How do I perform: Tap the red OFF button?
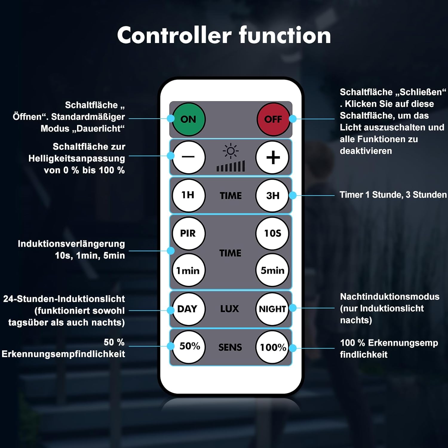tap(273, 119)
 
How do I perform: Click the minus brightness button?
tap(188, 157)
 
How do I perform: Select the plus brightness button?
tap(272, 157)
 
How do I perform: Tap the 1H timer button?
tap(188, 195)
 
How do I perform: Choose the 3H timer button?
tap(272, 195)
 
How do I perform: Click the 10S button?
tap(272, 233)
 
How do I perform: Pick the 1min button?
tap(188, 270)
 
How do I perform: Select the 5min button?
tap(272, 270)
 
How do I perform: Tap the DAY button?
tap(188, 309)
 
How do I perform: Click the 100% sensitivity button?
tap(272, 347)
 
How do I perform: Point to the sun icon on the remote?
tap(231, 151)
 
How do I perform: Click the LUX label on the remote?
tap(230, 309)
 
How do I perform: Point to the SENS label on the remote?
tap(230, 347)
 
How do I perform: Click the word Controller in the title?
tap(174, 35)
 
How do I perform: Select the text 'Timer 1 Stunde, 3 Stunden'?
tap(393, 195)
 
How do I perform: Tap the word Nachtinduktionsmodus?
tap(390, 297)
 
